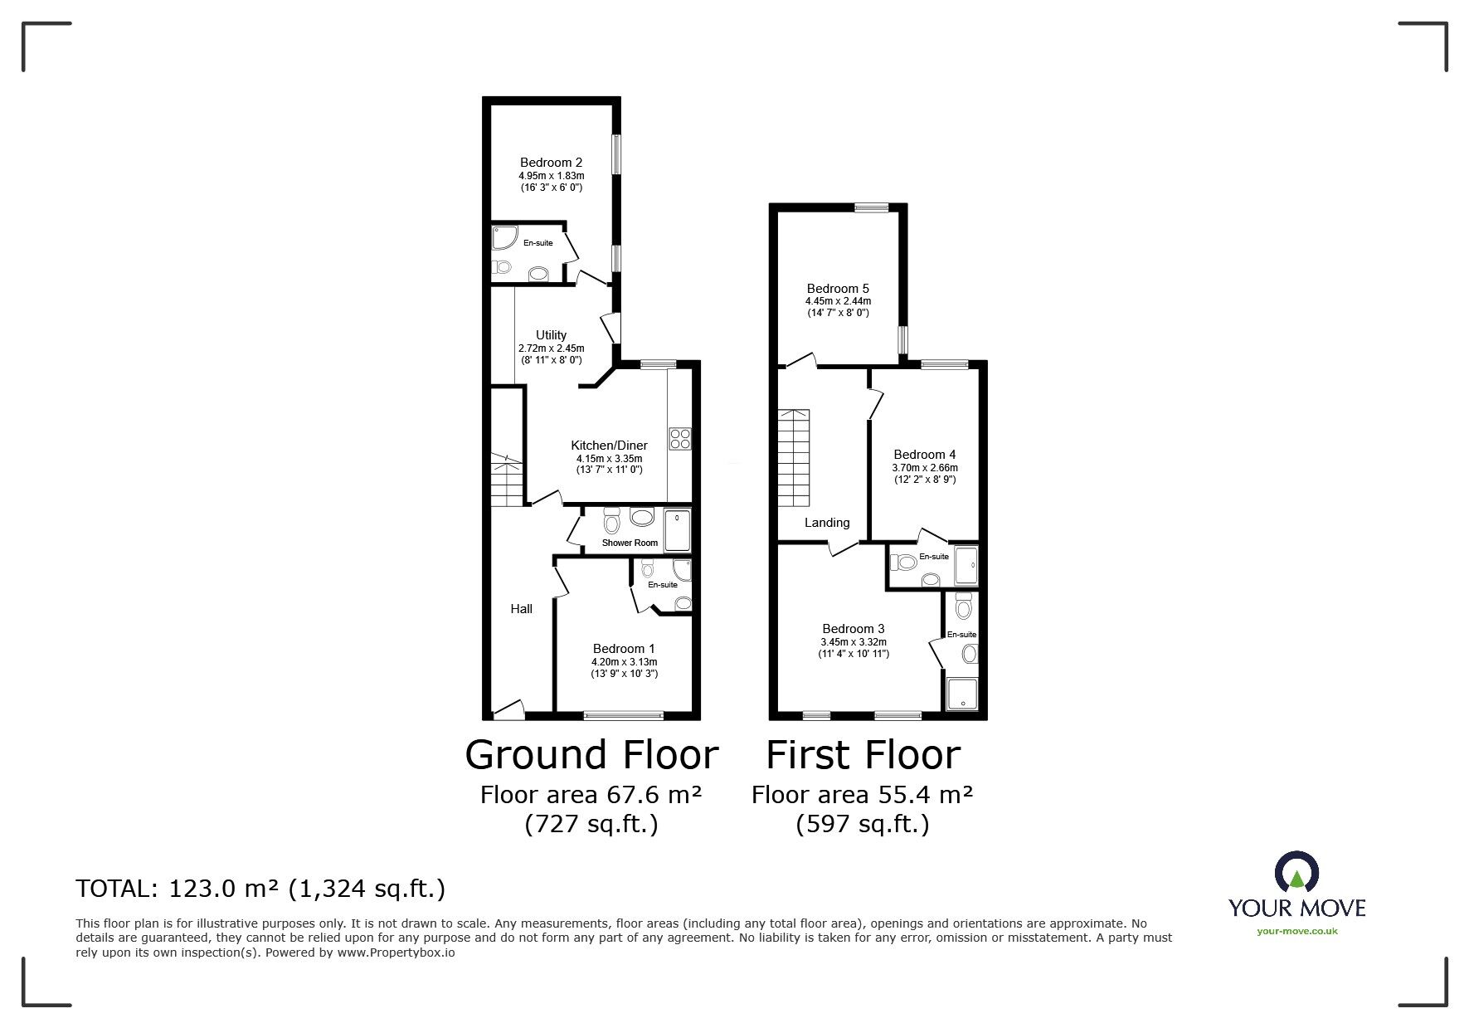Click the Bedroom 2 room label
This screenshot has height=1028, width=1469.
(551, 163)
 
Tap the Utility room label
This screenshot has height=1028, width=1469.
(551, 335)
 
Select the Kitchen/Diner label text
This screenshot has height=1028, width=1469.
(609, 446)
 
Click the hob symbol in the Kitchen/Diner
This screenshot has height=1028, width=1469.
(680, 438)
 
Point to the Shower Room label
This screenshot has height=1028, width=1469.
(630, 543)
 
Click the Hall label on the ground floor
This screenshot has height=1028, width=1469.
(521, 609)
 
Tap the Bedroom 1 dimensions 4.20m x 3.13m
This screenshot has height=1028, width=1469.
(624, 662)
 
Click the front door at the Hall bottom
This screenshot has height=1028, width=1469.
(508, 709)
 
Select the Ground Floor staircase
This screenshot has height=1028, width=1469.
(506, 481)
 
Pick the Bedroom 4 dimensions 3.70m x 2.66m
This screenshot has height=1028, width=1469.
(925, 468)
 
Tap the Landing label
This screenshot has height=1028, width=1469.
(827, 523)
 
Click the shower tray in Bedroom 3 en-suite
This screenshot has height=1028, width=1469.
(961, 694)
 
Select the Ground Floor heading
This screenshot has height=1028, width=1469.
(591, 755)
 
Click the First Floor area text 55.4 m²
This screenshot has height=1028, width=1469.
(862, 795)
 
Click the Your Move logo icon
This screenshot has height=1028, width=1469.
(1296, 872)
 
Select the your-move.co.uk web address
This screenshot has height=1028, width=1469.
(1296, 931)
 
